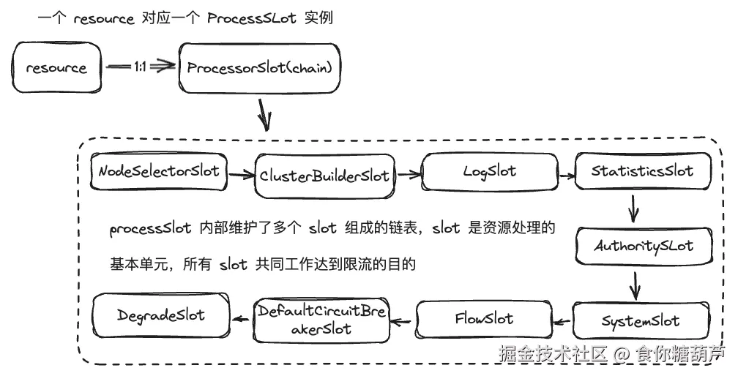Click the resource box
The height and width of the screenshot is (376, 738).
click(x=56, y=68)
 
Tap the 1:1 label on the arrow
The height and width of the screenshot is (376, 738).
click(x=141, y=67)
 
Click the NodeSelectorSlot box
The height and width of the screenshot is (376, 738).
click(x=159, y=172)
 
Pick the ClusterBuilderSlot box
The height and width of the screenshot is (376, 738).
click(x=324, y=175)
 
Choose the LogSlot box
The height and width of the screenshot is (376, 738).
click(x=490, y=172)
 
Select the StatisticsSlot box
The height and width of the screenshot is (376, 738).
click(x=642, y=172)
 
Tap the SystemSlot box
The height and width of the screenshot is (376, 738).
click(x=641, y=321)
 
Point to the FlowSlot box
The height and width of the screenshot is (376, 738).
click(x=484, y=319)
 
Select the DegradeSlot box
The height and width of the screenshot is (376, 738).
click(x=161, y=315)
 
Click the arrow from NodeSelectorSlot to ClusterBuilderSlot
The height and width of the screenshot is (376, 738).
click(x=240, y=174)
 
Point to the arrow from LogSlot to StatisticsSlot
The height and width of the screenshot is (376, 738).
click(x=565, y=175)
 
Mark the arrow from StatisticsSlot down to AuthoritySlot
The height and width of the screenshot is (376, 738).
click(x=634, y=209)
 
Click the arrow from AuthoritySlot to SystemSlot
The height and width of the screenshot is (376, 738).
click(x=635, y=283)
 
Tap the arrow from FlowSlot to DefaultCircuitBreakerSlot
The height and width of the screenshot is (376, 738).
click(x=403, y=319)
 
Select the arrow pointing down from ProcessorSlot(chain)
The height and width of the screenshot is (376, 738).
click(x=264, y=113)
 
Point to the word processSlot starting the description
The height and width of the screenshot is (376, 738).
click(x=151, y=229)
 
